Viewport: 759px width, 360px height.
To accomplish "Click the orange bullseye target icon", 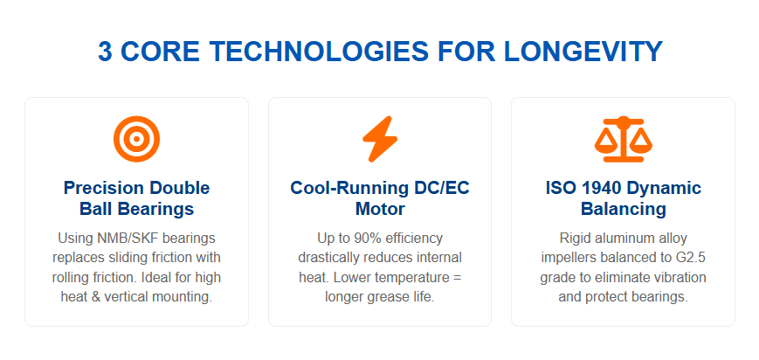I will pos(136,139).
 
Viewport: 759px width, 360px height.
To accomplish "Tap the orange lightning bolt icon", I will pos(379,139).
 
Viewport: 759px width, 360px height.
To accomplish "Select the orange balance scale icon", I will pos(623,139).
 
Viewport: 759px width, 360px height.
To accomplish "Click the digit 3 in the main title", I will pos(106,52).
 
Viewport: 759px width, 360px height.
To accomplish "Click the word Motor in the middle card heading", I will pos(380,210).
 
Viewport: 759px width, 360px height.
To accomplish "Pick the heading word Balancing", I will pos(624,210).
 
